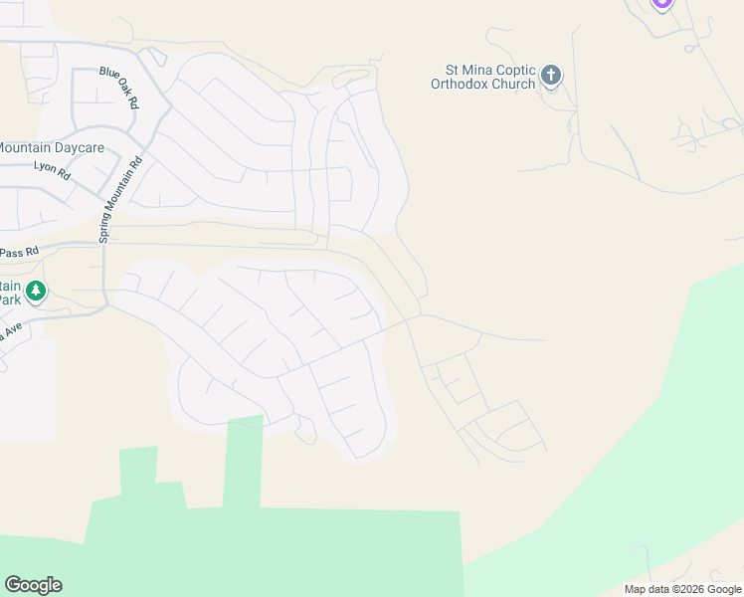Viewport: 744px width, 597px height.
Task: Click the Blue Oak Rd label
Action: (x=118, y=88)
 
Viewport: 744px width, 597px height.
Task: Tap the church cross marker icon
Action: (x=551, y=76)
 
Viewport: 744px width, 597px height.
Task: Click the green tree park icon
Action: (x=36, y=292)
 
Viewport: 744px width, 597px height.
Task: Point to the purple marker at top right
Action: (x=662, y=3)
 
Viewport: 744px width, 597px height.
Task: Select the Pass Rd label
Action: (x=19, y=252)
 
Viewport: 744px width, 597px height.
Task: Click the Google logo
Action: (x=33, y=585)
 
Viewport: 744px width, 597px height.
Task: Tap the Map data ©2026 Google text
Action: (x=682, y=589)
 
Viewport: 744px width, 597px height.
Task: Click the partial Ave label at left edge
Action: (x=11, y=332)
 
